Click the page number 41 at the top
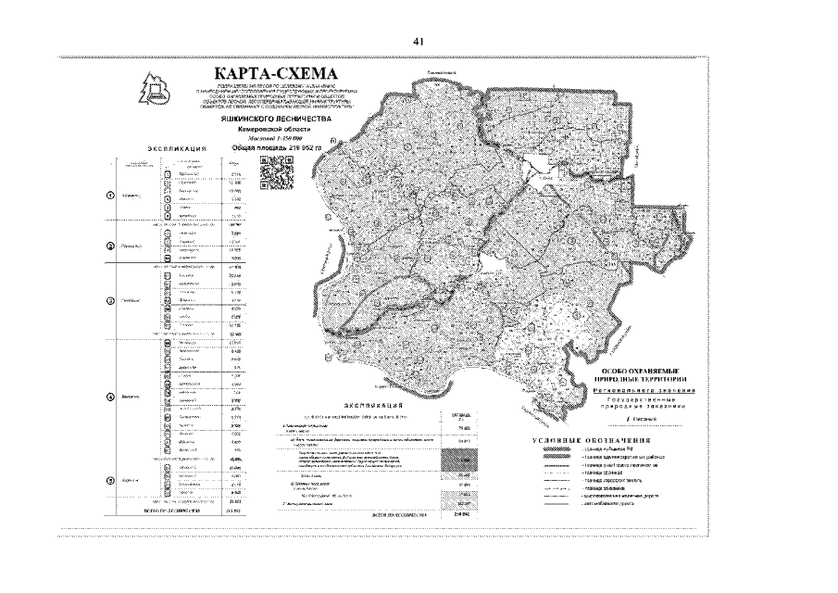tap(419, 42)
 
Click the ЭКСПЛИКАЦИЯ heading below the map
tap(373, 406)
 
